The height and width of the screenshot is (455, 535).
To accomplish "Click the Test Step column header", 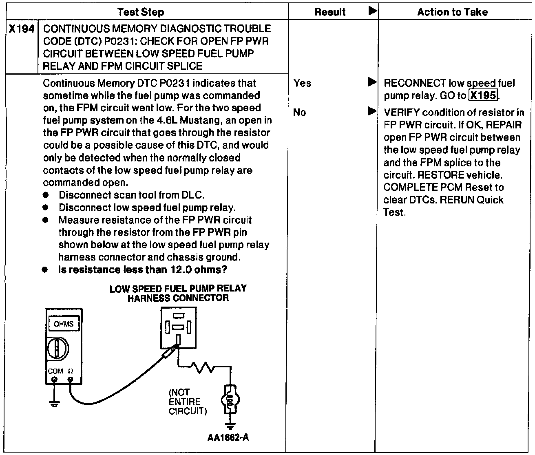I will pos(141,12).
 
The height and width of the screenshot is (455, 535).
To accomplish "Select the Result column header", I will pos(330,12).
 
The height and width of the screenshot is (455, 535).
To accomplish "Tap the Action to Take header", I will pos(452,12).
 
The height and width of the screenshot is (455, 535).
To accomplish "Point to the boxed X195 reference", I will pos(483,96).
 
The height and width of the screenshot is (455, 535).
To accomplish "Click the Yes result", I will pos(302,83).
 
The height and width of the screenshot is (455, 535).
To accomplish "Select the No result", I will pos(299,112).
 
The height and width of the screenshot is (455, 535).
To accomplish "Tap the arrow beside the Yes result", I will pos(372,83).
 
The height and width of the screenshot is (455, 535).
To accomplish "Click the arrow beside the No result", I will pos(372,111).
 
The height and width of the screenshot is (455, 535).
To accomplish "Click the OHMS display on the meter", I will pos(63,324).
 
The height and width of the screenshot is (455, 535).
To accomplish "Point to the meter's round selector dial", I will pos(57,349).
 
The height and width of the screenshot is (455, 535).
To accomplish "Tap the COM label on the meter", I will pos(55,371).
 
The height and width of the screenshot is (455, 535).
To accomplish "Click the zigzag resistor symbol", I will pos(202,368).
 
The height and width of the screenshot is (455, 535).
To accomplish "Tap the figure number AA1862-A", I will pos(228,438).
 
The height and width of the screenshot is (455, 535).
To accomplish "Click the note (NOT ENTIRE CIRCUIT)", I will pos(187,401).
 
